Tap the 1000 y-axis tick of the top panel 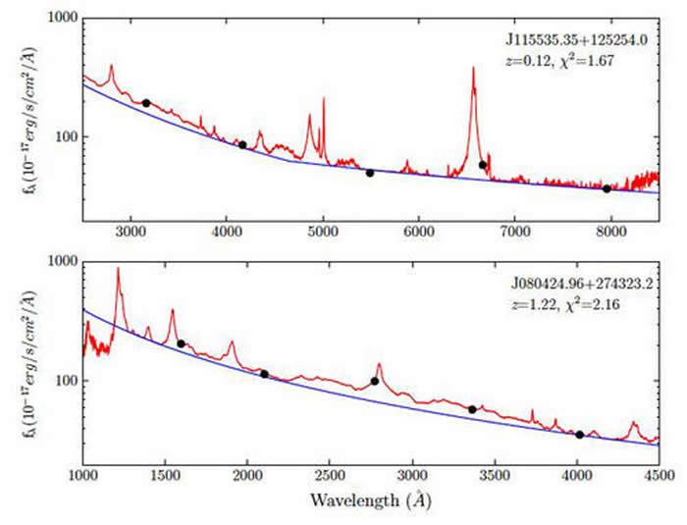(x=61, y=19)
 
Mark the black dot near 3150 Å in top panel (x=146, y=103)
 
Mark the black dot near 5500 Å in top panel (x=370, y=173)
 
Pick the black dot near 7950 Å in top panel (x=607, y=188)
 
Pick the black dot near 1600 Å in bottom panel (x=181, y=343)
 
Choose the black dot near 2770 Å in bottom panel (x=374, y=381)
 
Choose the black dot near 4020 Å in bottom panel (x=579, y=435)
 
